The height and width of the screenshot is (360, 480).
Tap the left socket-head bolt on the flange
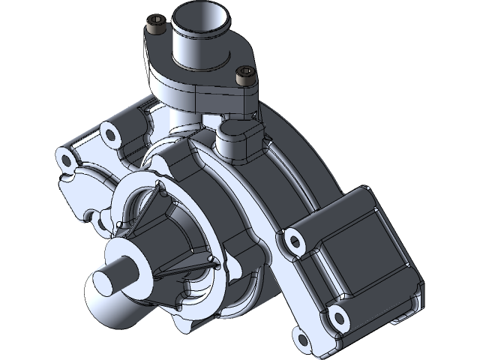[x=157, y=27]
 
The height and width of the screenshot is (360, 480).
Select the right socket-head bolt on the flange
[x=243, y=74]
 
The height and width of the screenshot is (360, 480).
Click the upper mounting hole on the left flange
[x=110, y=135]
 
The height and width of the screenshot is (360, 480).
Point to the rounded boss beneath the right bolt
[x=238, y=139]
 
